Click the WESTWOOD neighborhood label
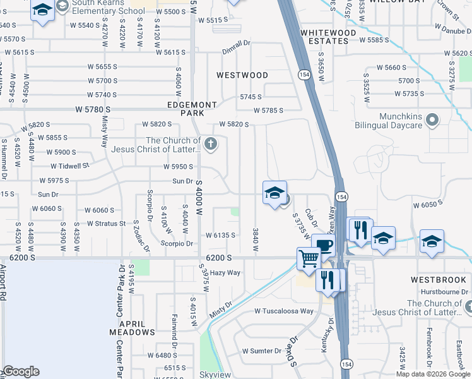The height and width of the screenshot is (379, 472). [242, 75]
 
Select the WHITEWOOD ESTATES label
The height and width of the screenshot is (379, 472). [324, 37]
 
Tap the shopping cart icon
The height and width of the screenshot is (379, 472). [308, 258]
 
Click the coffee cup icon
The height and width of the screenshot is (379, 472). [322, 244]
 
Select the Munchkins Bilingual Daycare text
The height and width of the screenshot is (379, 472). [401, 121]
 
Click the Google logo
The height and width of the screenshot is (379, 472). [21, 371]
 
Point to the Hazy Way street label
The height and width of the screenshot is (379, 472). [225, 273]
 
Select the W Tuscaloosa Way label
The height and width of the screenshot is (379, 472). [284, 311]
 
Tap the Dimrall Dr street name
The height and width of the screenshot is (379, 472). [236, 44]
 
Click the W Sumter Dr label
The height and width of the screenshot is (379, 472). [262, 351]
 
